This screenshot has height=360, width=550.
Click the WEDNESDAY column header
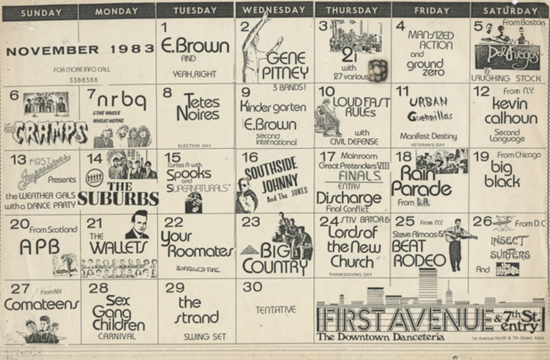click(x=274, y=10)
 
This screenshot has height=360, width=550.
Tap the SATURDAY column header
click(x=510, y=11)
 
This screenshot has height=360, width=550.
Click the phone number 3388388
click(x=83, y=80)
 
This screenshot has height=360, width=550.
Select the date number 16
click(x=250, y=157)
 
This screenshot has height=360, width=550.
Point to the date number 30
click(x=252, y=287)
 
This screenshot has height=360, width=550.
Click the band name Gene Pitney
click(x=285, y=66)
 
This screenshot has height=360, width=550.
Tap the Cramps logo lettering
click(x=46, y=133)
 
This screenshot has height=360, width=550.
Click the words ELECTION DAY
click(x=194, y=146)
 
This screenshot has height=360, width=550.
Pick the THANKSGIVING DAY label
click(x=350, y=274)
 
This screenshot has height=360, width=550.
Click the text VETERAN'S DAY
click(x=428, y=145)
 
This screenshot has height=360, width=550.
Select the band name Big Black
click(x=502, y=174)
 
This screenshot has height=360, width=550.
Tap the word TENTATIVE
click(x=275, y=310)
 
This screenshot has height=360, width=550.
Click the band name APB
click(x=39, y=247)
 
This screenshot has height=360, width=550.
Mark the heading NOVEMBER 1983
click(x=80, y=50)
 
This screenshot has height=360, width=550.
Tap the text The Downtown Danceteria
click(x=380, y=337)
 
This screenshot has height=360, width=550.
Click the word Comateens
click(x=41, y=305)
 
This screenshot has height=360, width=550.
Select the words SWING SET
click(x=205, y=337)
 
